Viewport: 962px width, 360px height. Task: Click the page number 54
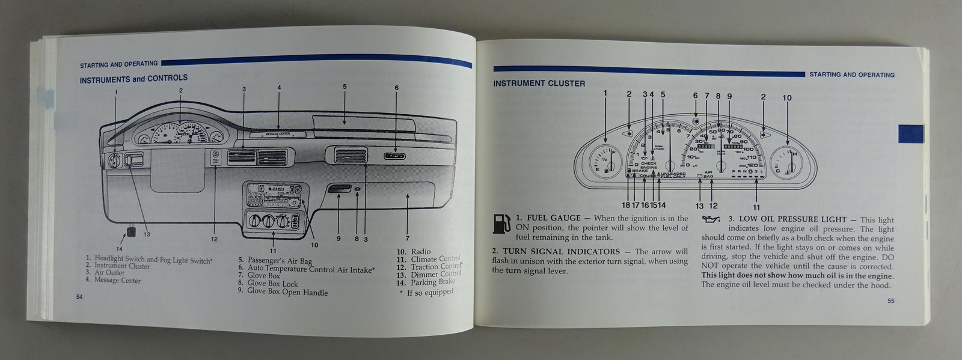79,297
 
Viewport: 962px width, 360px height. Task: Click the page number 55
890,301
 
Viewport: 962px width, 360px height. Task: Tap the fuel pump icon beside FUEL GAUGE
501,224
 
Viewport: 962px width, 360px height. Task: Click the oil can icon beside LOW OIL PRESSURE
711,220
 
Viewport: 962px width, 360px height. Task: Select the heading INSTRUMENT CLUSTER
539,84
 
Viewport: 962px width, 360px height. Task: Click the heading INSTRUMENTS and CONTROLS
133,79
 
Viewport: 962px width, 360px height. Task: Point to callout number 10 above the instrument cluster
787,98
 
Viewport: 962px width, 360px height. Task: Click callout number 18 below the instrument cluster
625,206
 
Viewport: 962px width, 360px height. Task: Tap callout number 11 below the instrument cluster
756,207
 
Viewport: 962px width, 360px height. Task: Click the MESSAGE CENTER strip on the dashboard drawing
277,134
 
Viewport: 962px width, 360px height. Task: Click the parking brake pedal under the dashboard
131,231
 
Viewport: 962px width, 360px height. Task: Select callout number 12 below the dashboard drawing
214,239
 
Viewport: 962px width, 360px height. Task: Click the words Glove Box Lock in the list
272,284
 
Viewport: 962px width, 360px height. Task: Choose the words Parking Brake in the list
432,282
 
